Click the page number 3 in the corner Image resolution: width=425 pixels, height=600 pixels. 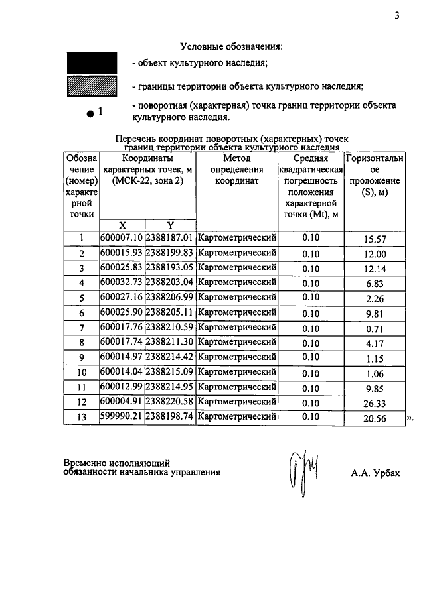(x=396, y=17)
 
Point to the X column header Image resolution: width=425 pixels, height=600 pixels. (x=122, y=225)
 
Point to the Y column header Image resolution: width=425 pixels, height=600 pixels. (x=170, y=225)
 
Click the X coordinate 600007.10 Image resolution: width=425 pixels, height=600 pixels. (x=122, y=238)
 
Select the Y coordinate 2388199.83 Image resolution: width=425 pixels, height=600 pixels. (x=170, y=253)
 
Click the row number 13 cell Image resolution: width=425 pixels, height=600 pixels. (x=82, y=418)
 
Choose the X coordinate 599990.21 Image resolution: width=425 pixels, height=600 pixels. (x=122, y=417)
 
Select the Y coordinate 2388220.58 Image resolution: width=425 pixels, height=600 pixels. (x=170, y=402)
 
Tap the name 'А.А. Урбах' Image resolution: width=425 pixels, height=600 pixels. (x=376, y=473)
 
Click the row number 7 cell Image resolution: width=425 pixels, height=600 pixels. (x=82, y=328)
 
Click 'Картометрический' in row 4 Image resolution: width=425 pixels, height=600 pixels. (x=236, y=282)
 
